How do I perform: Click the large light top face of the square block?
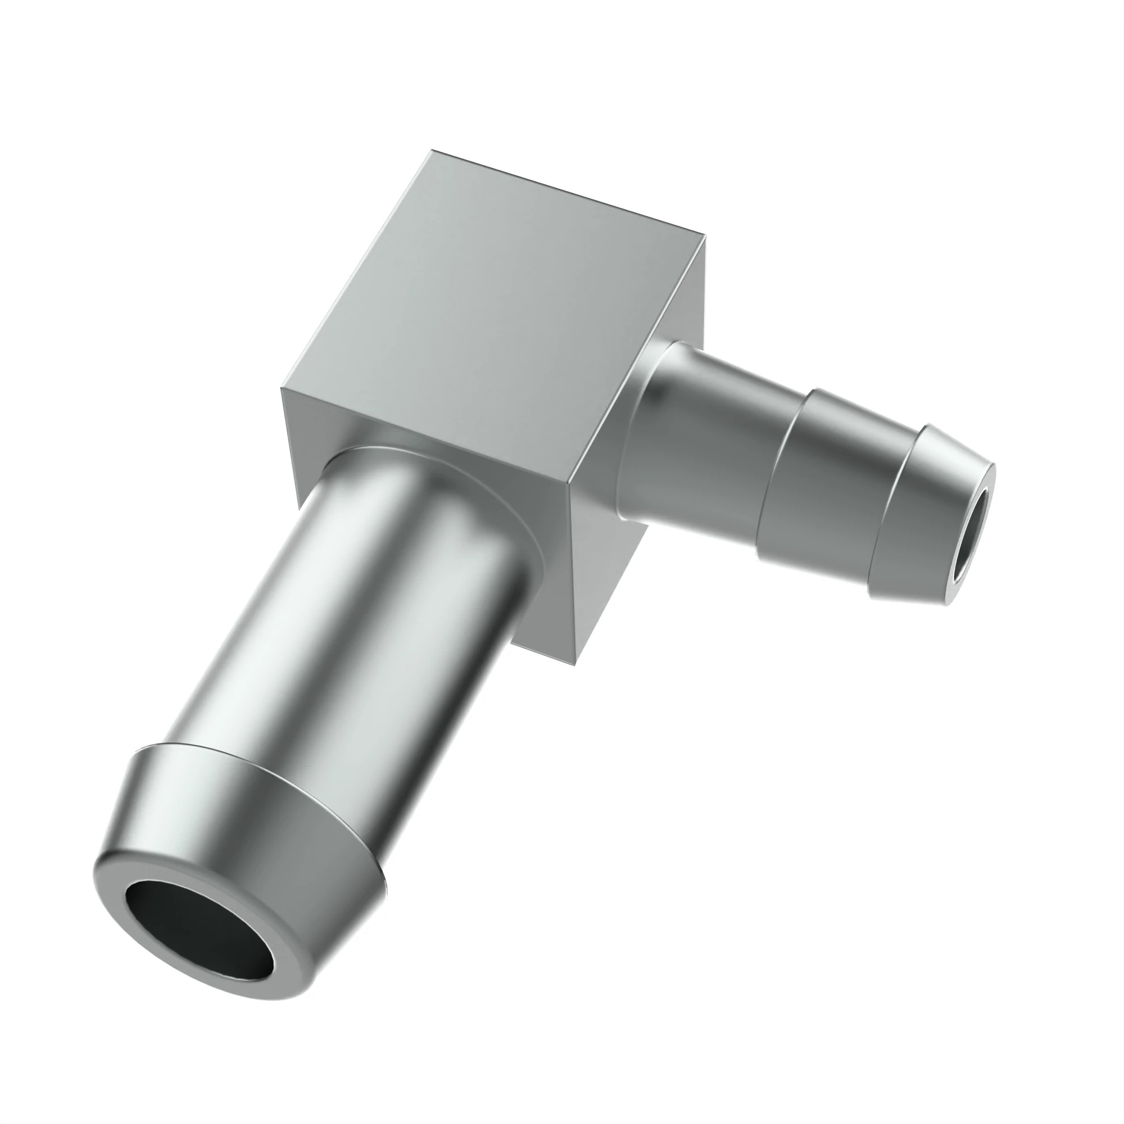tap(495, 302)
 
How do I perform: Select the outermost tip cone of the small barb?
tap(925, 500)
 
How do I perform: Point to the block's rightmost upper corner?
tap(706, 235)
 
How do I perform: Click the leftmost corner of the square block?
tap(281, 387)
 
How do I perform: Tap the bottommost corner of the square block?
tap(575, 665)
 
